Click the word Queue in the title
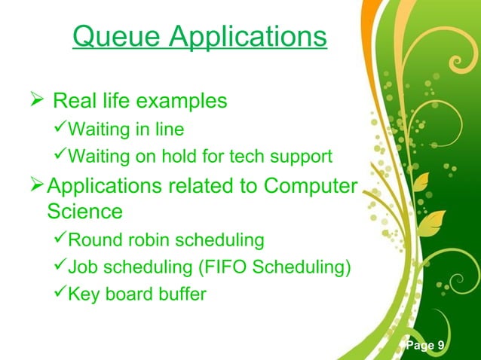pos(111,37)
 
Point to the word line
pos(169,130)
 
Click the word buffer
pos(180,294)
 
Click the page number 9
pos(440,346)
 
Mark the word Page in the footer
pos(420,346)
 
